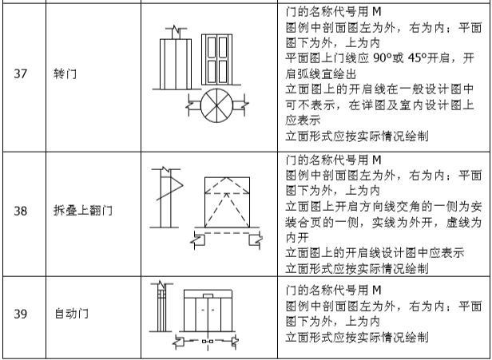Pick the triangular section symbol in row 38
pyautogui.click(x=171, y=192)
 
